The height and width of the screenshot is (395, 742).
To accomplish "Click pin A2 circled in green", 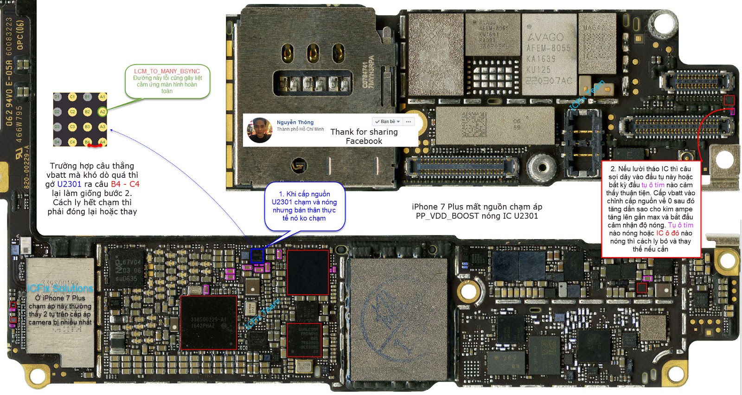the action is click(x=102, y=112).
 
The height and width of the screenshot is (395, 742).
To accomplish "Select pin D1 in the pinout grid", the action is click(x=57, y=97).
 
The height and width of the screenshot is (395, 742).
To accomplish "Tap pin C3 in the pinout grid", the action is click(x=72, y=127).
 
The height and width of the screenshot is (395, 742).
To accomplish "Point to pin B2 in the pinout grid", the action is click(x=87, y=112).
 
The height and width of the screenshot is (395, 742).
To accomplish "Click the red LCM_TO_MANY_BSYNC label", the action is click(x=167, y=71).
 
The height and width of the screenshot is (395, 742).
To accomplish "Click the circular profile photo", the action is click(x=259, y=130).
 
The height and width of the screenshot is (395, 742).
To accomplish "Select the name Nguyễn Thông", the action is click(x=295, y=123).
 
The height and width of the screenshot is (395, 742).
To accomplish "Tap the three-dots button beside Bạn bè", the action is click(x=408, y=122).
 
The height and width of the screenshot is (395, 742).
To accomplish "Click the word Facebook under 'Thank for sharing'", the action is click(x=364, y=141).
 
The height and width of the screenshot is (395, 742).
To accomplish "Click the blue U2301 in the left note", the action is click(x=69, y=184).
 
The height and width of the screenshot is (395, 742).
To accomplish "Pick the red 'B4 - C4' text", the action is click(x=125, y=184).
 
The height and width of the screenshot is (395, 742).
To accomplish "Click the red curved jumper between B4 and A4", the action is click(x=95, y=146).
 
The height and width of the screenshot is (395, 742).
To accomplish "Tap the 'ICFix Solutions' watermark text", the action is click(x=60, y=289).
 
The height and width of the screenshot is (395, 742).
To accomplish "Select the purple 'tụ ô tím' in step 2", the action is click(x=653, y=185).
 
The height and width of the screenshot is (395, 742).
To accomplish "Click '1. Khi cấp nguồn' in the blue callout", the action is click(x=305, y=194).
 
